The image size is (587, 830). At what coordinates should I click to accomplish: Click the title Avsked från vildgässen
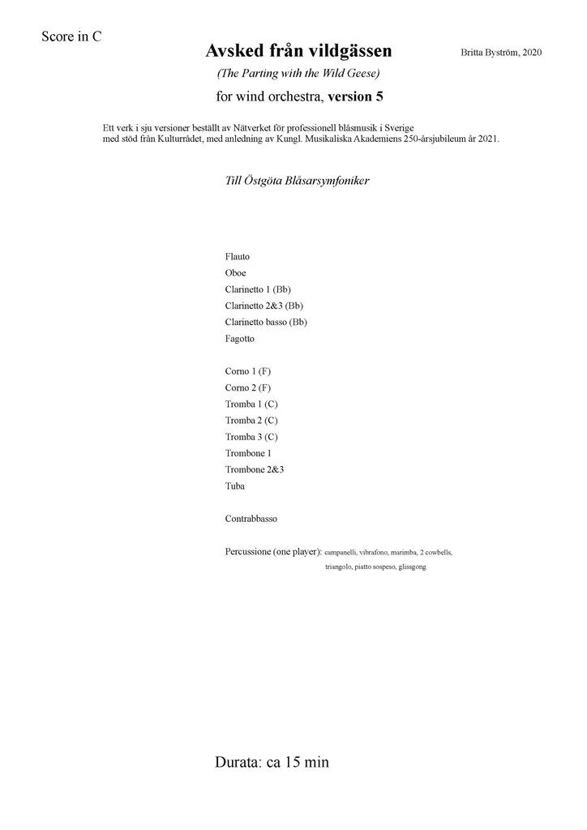click(x=298, y=51)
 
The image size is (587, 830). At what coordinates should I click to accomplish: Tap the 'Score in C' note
click(x=71, y=36)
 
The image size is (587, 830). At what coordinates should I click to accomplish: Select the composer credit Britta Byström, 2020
click(x=500, y=53)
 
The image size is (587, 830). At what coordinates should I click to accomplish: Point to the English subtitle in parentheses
click(x=298, y=73)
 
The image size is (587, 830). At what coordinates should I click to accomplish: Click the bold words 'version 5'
click(x=355, y=96)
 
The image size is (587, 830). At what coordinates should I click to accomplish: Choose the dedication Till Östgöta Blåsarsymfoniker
click(x=297, y=181)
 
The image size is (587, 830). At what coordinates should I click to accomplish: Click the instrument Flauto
click(x=238, y=257)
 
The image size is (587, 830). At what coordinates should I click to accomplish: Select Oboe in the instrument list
click(x=235, y=273)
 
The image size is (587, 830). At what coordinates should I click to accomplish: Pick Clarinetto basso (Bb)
click(x=266, y=322)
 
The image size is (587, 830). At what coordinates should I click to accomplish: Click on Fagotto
click(x=240, y=339)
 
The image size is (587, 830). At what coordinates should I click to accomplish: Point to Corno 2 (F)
click(x=248, y=387)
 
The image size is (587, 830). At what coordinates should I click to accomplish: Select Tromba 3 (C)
click(x=251, y=437)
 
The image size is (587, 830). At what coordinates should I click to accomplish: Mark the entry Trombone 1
click(x=248, y=453)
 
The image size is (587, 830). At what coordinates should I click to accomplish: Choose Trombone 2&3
click(x=255, y=469)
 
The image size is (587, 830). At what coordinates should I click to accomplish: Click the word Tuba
click(x=235, y=486)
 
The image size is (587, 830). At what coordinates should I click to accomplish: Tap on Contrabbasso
click(x=251, y=519)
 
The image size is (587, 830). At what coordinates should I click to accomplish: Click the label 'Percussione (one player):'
click(x=273, y=552)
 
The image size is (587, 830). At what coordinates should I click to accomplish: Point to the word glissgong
click(x=412, y=567)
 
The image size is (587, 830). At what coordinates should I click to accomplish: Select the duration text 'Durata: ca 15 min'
click(x=272, y=762)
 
